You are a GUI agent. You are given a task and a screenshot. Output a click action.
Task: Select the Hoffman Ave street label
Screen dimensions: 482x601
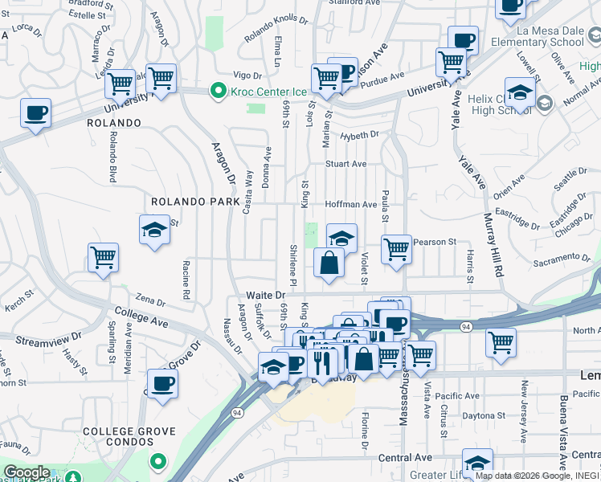(x=351, y=205)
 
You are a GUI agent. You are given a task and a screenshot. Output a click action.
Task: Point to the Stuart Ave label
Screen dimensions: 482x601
(x=345, y=164)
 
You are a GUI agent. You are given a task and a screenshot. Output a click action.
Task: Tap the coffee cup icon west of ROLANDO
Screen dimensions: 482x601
(x=35, y=113)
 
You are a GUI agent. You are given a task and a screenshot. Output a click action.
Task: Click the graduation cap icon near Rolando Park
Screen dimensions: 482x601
(x=155, y=231)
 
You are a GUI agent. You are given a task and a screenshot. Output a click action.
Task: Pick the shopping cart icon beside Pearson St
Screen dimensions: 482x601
(x=396, y=250)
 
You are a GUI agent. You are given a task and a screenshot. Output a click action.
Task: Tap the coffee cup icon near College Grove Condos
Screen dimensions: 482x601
(x=163, y=384)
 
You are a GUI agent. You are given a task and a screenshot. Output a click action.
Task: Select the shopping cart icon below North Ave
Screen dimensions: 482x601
(x=501, y=343)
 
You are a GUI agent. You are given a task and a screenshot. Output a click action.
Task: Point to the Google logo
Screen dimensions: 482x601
(x=27, y=472)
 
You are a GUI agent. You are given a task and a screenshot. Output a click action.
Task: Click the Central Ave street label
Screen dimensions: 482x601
(x=405, y=457)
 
